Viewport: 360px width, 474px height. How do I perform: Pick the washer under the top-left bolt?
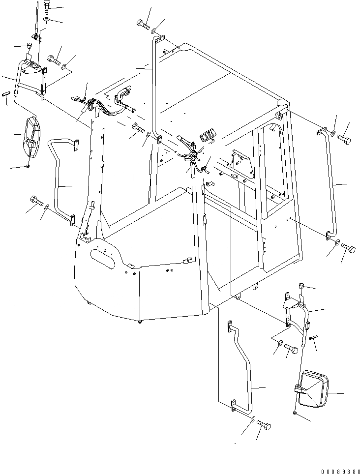point(46,20)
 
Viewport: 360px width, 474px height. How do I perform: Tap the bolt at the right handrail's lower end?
point(348,248)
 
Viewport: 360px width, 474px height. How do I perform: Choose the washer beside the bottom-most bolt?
point(252,418)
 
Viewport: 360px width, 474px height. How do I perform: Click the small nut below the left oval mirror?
point(29,166)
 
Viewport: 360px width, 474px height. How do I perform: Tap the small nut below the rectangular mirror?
point(294,415)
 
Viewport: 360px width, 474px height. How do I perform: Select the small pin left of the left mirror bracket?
point(7,93)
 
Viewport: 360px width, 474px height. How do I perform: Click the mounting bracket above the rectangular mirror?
point(295,310)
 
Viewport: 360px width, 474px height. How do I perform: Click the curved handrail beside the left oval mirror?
point(59,177)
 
